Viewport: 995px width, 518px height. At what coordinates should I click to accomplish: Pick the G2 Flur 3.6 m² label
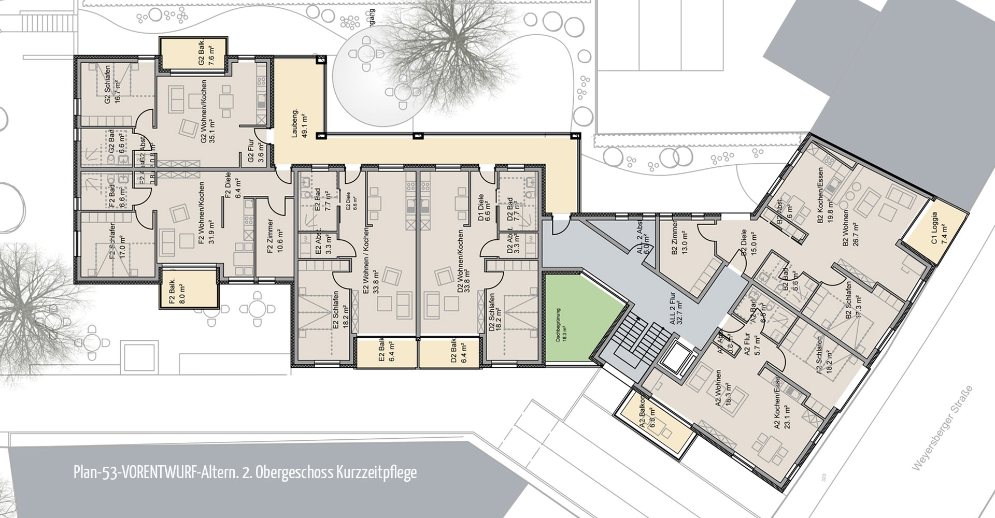click(255, 154)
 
